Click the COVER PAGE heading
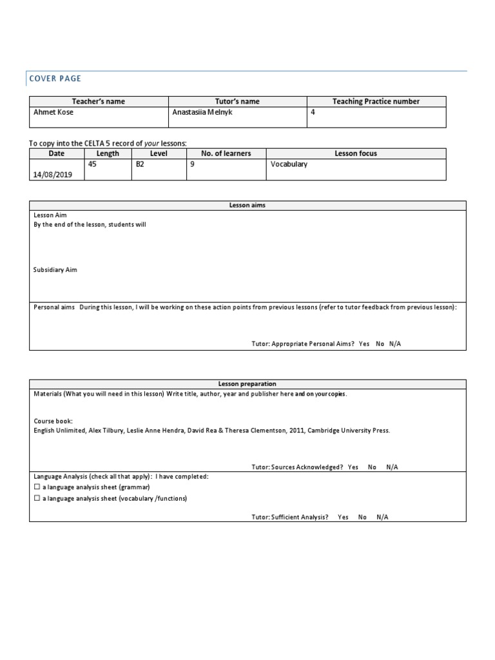click(x=55, y=79)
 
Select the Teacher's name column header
click(x=99, y=101)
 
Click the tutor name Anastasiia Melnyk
click(x=202, y=112)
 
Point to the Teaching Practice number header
click(x=376, y=101)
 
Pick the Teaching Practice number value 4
click(x=313, y=112)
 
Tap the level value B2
click(x=140, y=164)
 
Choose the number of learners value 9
click(x=191, y=164)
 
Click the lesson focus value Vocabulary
click(x=289, y=164)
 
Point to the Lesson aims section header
click(x=247, y=205)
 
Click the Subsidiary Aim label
click(x=55, y=270)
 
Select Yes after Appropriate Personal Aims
click(x=364, y=344)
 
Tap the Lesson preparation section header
click(x=247, y=384)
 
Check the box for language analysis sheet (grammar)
click(x=37, y=487)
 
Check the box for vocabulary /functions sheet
click(x=37, y=498)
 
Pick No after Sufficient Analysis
click(x=362, y=517)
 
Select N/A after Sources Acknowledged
click(x=392, y=467)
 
